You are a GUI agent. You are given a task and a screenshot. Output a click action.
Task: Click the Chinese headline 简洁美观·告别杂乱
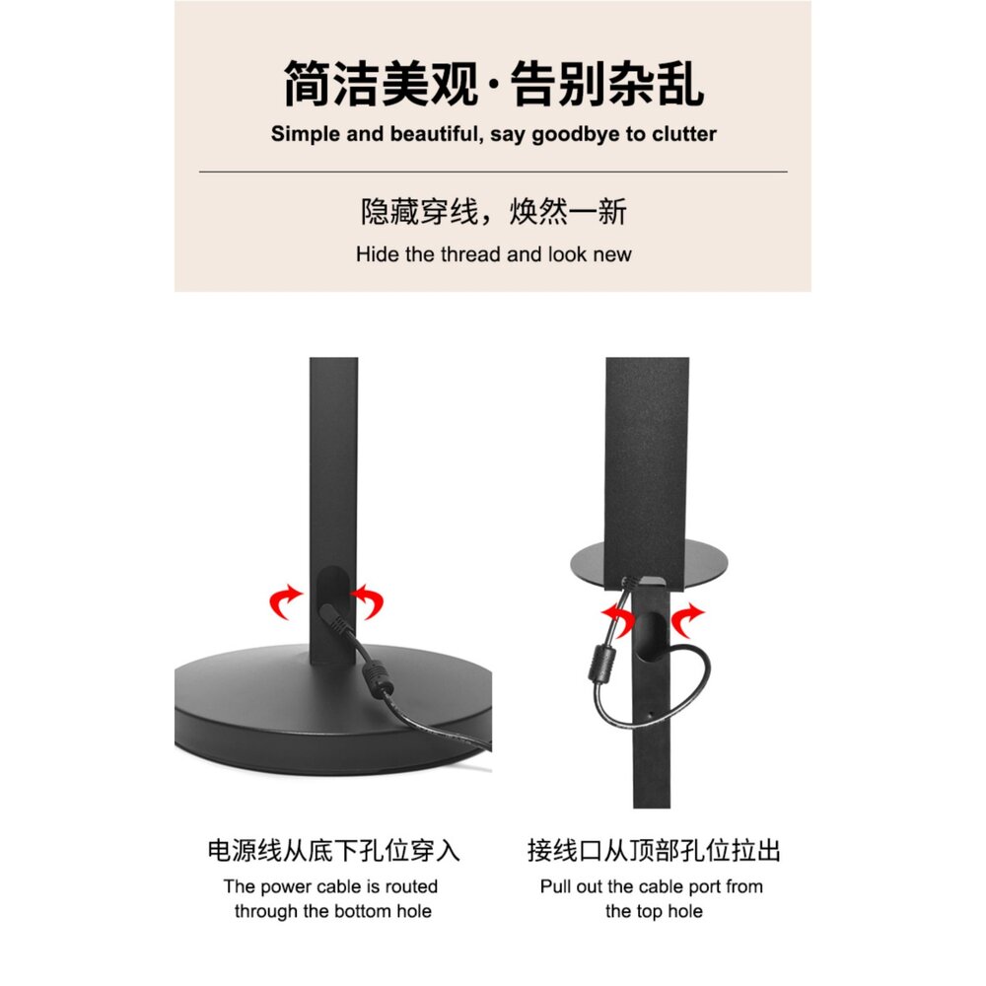pyautogui.click(x=493, y=83)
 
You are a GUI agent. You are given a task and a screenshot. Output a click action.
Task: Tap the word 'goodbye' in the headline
pyautogui.click(x=576, y=134)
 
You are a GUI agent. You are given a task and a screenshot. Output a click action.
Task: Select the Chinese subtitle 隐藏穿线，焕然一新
pyautogui.click(x=493, y=212)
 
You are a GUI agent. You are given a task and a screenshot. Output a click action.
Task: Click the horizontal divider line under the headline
pyautogui.click(x=493, y=172)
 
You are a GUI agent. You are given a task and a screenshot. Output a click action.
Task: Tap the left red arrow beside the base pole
pyautogui.click(x=286, y=600)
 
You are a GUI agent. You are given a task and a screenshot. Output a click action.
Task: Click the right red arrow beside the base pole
pyautogui.click(x=369, y=600)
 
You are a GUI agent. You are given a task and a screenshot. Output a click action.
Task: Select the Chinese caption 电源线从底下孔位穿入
pyautogui.click(x=333, y=851)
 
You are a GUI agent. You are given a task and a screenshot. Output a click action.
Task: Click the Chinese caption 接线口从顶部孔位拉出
pyautogui.click(x=654, y=851)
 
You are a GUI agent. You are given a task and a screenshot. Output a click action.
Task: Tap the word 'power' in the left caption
pyautogui.click(x=284, y=886)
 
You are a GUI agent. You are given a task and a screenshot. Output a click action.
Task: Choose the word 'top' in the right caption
pyautogui.click(x=649, y=911)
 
